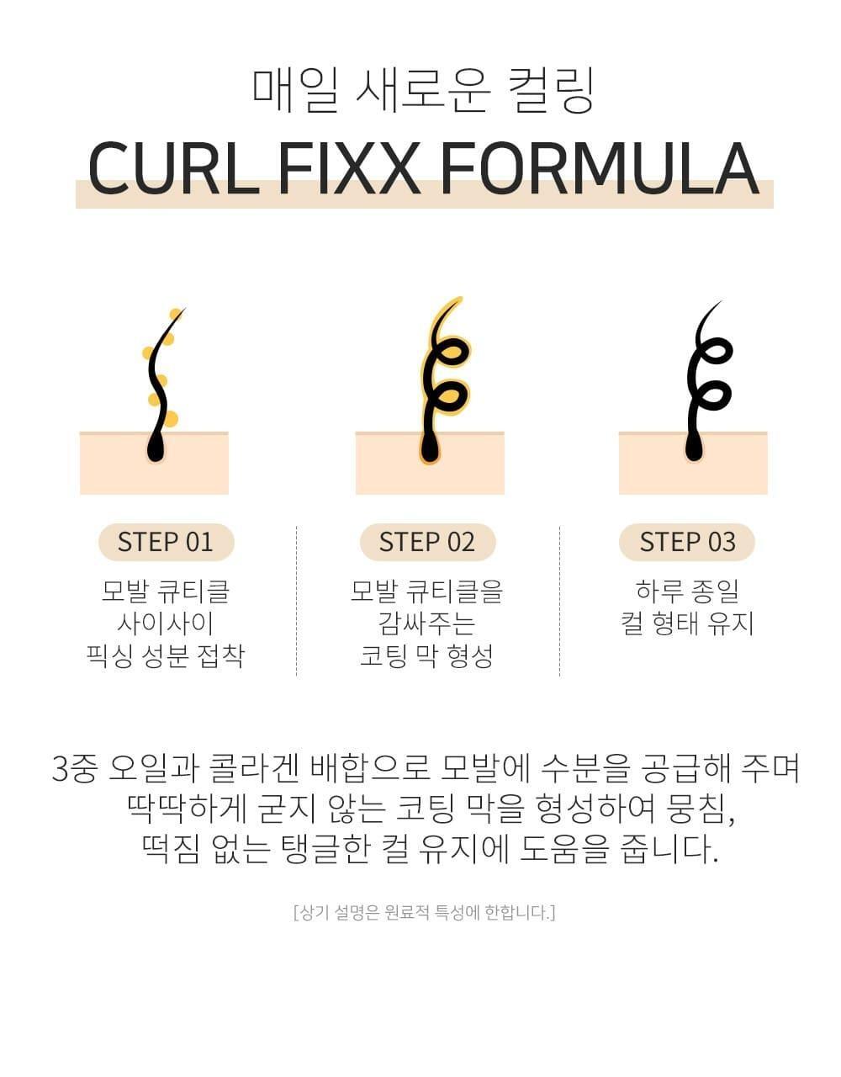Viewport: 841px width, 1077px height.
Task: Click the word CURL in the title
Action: click(x=173, y=168)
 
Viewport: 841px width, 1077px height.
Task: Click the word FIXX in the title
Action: click(x=348, y=168)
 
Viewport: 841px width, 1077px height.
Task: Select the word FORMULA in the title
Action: click(x=600, y=168)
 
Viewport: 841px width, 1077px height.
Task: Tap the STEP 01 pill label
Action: click(x=166, y=542)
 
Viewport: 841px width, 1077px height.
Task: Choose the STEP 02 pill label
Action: click(x=427, y=542)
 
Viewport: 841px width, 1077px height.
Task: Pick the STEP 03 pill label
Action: click(x=687, y=542)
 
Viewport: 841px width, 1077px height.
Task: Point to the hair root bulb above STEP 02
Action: click(x=430, y=448)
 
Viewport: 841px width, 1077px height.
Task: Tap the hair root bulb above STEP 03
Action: click(x=694, y=448)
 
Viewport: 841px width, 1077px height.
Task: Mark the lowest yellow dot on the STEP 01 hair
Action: click(x=171, y=419)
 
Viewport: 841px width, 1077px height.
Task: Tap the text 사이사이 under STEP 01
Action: click(x=165, y=623)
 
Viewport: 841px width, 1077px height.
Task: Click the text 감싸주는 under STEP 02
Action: click(x=426, y=623)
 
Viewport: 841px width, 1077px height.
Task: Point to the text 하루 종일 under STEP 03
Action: click(x=687, y=591)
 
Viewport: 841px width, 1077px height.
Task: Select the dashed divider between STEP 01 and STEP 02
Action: click(x=296, y=601)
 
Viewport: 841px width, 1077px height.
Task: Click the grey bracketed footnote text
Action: click(x=425, y=912)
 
